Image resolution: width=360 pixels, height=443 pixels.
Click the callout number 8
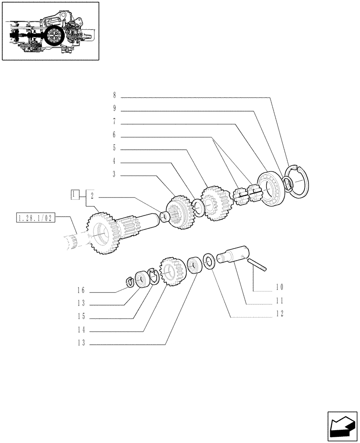(114, 95)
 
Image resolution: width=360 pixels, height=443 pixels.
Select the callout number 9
(114, 108)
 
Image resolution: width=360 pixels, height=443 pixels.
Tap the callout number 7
(114, 121)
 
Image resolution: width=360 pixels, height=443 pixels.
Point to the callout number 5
(114, 147)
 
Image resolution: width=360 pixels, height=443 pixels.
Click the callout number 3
(114, 175)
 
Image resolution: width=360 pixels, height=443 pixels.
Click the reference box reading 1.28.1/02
(35, 218)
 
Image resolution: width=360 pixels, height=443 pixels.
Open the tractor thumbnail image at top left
(50, 31)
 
